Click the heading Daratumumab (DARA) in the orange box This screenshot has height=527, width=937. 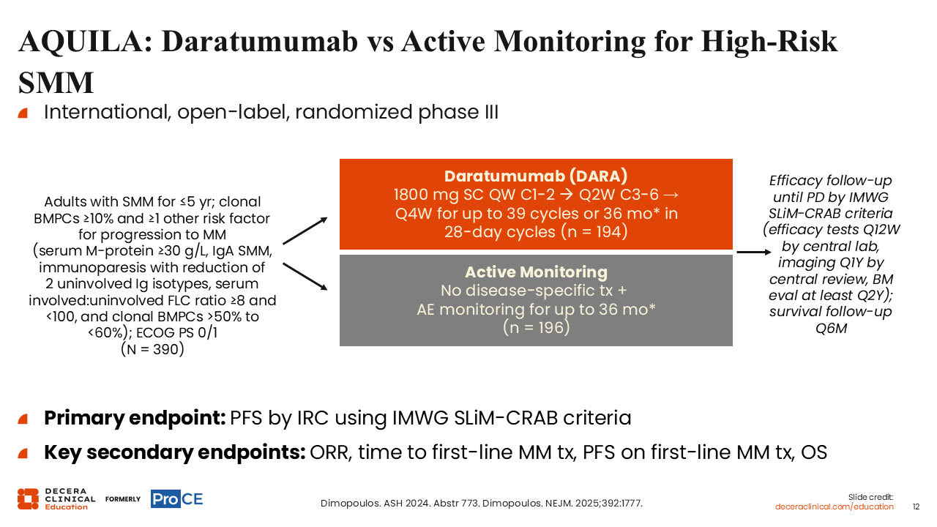pos(536,176)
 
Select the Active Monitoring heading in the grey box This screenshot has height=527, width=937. pos(536,272)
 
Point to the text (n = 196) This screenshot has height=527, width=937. pos(536,327)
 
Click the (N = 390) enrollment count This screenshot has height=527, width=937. pos(152,349)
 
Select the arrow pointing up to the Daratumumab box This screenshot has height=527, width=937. pos(305,231)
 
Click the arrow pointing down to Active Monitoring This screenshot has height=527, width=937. pos(305,276)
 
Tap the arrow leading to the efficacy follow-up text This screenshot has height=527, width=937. pos(754,252)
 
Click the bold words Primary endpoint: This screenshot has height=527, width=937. pos(135,418)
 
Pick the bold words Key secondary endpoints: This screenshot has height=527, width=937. pos(174,452)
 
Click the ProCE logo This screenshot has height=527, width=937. pos(177,499)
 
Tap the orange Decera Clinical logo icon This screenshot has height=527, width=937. pos(28,499)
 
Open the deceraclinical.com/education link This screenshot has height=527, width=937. pos(834,507)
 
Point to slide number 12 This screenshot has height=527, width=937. pos(916,507)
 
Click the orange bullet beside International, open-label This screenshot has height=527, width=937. pos(23,113)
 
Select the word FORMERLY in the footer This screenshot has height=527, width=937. pos(123,499)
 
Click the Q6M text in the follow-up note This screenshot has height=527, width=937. pos(831,329)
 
